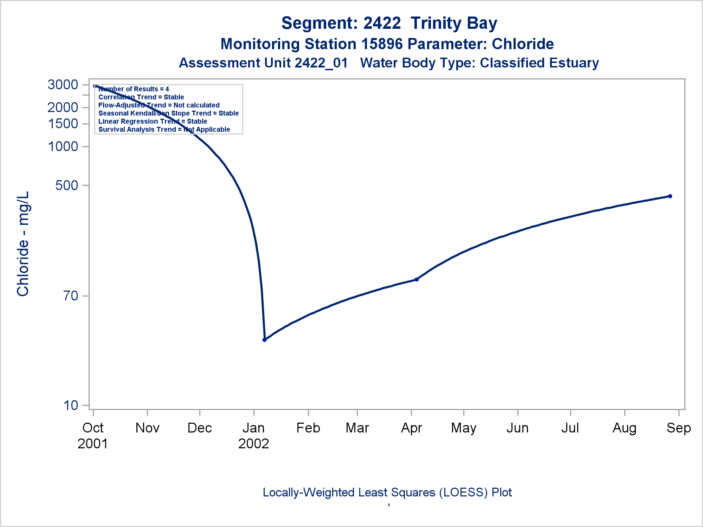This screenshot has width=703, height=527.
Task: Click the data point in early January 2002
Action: click(264, 340)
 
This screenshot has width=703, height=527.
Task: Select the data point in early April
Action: click(417, 279)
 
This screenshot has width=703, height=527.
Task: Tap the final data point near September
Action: click(670, 196)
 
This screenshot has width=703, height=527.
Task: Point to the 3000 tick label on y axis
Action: click(63, 85)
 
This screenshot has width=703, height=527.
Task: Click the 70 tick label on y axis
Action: click(71, 296)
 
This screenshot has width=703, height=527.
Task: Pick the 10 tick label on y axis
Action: click(71, 405)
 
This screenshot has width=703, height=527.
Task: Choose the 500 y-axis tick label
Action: click(67, 185)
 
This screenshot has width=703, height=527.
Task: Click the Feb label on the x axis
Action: click(308, 428)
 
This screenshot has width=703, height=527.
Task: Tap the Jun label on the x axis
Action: click(517, 428)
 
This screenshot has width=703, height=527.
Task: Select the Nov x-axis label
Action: click(147, 428)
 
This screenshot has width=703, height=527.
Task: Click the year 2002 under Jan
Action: click(253, 444)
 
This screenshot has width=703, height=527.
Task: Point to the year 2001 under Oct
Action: click(93, 444)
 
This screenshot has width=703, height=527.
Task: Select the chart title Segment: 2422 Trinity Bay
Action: click(389, 23)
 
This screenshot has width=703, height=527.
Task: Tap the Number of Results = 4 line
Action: click(134, 89)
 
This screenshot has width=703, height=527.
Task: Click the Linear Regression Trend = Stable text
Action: click(153, 122)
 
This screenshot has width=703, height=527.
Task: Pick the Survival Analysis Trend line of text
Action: click(164, 130)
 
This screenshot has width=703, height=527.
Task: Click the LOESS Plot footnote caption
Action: click(387, 493)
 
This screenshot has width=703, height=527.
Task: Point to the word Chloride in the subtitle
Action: click(523, 44)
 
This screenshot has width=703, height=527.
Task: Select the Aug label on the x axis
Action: click(624, 428)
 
